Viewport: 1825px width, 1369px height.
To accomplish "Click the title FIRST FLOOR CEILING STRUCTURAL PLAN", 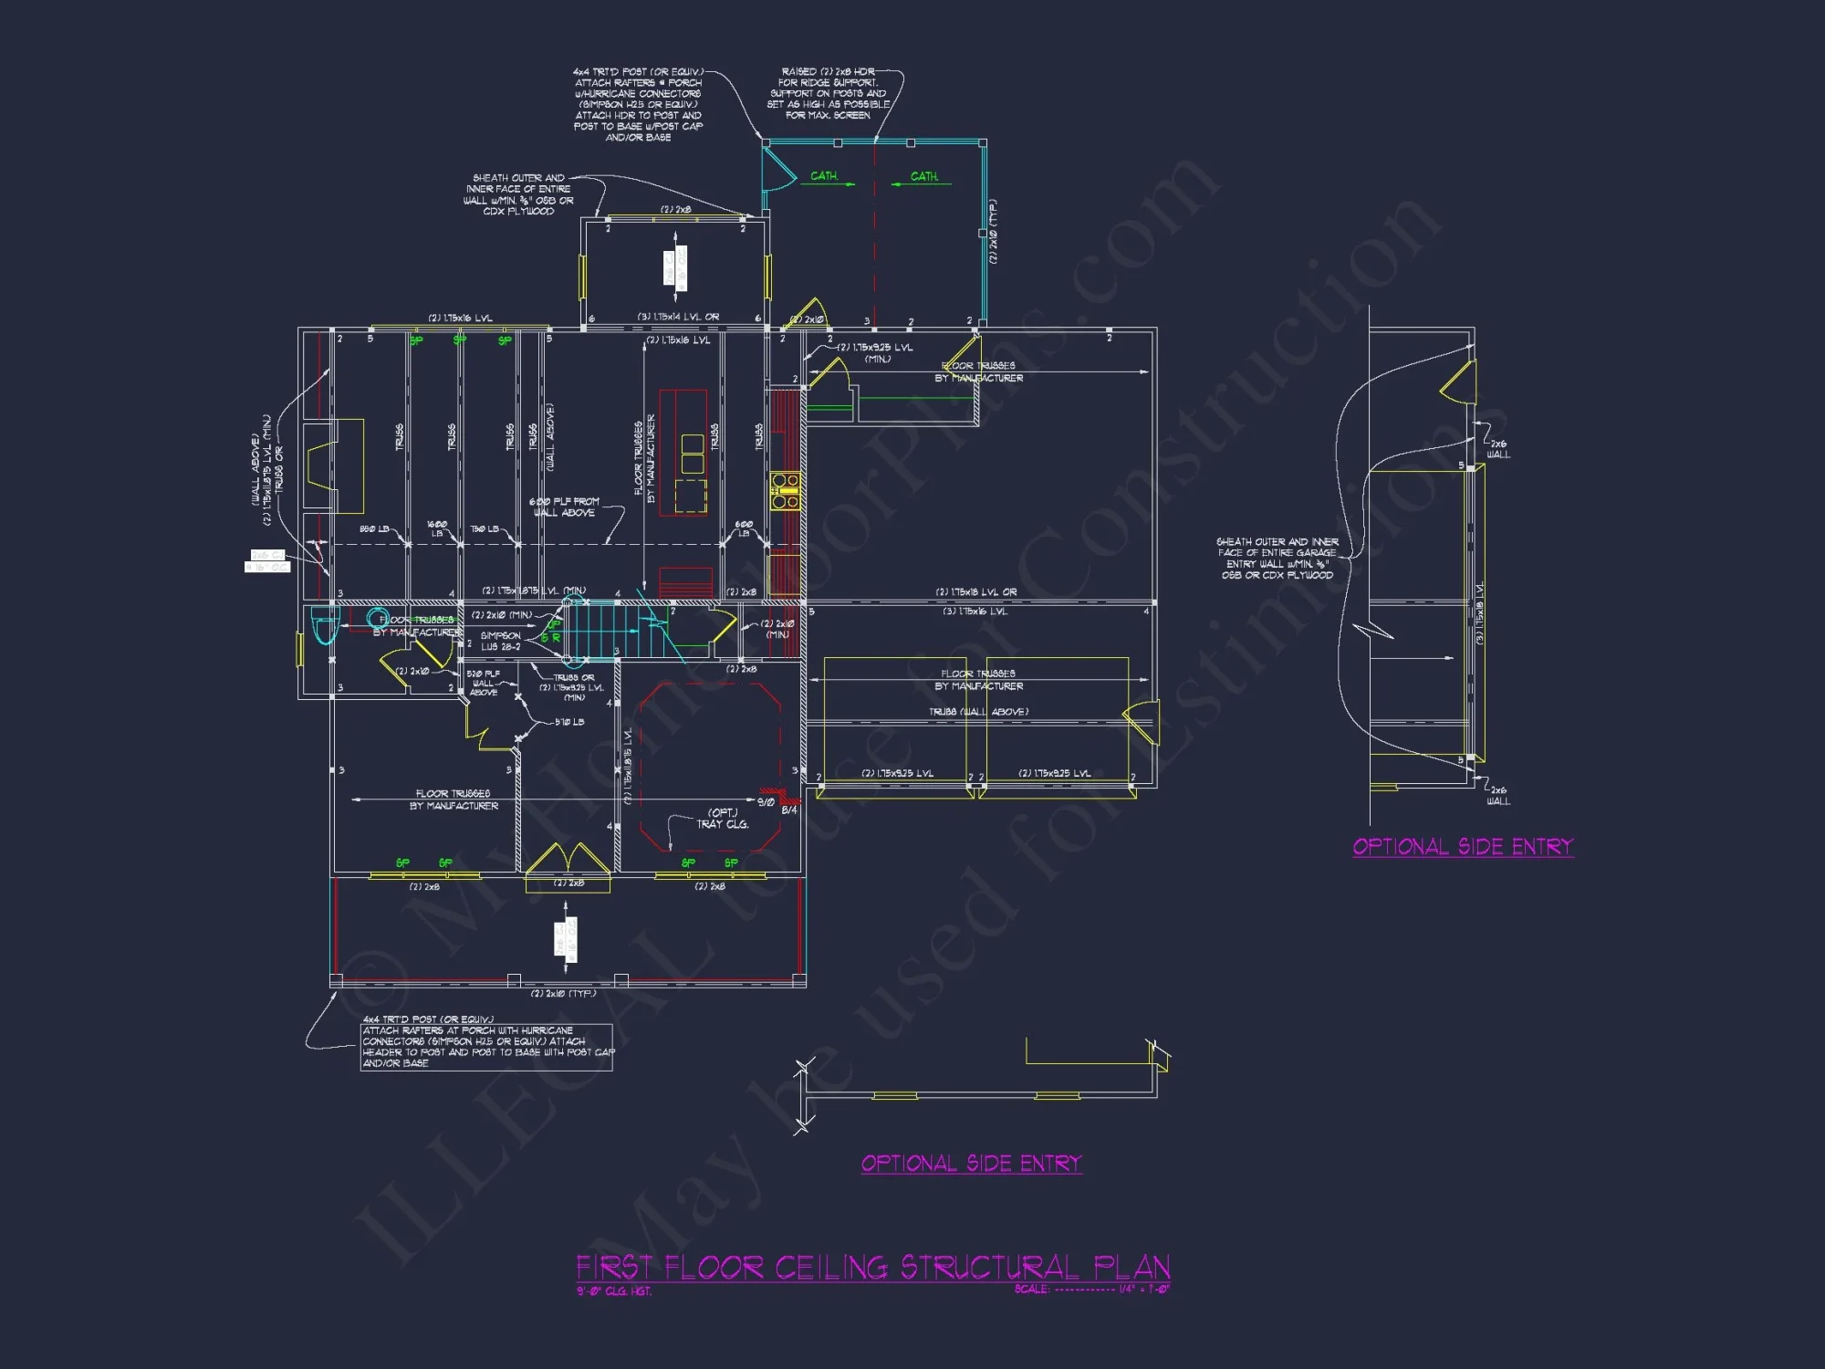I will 872,1268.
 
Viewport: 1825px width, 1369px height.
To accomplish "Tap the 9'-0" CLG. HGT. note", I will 613,1291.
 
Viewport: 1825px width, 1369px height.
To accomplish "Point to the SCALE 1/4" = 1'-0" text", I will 1091,1290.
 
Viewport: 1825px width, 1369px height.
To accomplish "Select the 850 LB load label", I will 374,529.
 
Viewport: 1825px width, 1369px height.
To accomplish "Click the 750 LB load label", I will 485,529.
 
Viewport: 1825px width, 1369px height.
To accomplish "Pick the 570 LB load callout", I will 569,722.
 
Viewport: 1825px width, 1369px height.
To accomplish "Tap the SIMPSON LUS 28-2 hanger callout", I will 500,641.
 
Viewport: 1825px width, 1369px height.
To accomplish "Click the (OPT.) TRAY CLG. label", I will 723,819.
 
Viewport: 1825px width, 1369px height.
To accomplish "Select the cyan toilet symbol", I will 324,626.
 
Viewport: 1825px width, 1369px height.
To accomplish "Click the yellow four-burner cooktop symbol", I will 785,490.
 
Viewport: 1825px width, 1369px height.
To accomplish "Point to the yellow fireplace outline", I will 333,465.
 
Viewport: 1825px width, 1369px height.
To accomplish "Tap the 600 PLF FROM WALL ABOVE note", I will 564,507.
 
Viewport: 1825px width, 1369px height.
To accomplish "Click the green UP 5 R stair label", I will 550,632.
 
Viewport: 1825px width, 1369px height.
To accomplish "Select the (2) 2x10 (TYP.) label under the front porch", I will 563,993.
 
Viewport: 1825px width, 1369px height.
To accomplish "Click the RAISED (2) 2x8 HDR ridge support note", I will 828,93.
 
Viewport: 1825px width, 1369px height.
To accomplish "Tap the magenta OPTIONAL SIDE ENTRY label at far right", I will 1463,847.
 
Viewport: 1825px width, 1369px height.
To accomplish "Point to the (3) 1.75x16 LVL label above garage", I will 975,611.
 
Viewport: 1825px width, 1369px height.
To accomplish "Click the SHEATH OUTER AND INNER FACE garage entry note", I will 1277,558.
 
